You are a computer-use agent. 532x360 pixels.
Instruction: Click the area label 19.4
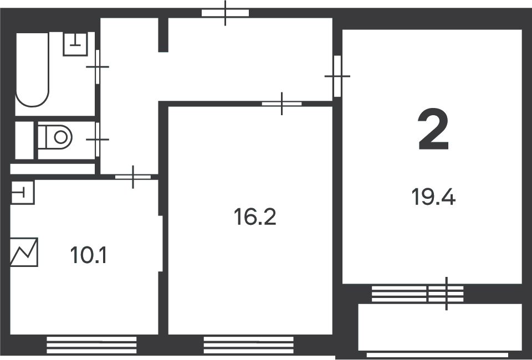point(433,197)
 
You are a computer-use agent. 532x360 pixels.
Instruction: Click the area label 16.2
point(255,217)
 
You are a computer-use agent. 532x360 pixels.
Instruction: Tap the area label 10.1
point(89,255)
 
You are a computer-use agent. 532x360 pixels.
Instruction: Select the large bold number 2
point(433,129)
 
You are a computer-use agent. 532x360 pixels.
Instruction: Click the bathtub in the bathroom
point(32,69)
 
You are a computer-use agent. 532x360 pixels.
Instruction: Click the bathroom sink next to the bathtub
point(75,44)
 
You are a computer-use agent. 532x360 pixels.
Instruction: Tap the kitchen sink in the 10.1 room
point(22,193)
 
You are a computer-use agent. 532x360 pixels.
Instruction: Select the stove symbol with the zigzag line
point(24,252)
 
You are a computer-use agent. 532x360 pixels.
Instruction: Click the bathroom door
point(98,67)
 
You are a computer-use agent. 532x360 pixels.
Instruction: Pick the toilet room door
point(98,140)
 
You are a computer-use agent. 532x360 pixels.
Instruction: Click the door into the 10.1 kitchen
point(133,177)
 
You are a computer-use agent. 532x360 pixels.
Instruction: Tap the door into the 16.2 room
point(282,104)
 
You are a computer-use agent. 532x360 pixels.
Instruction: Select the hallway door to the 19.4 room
point(337,76)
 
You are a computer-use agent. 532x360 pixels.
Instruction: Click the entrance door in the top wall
point(226,13)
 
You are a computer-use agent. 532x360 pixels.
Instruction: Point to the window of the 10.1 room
point(91,345)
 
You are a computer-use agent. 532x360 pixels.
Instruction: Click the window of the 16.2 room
point(249,345)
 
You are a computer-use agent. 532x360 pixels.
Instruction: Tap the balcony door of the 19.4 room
point(446,294)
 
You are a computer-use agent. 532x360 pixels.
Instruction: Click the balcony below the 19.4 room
point(440,327)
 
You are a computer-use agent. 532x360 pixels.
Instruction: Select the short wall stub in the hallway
point(163,35)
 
